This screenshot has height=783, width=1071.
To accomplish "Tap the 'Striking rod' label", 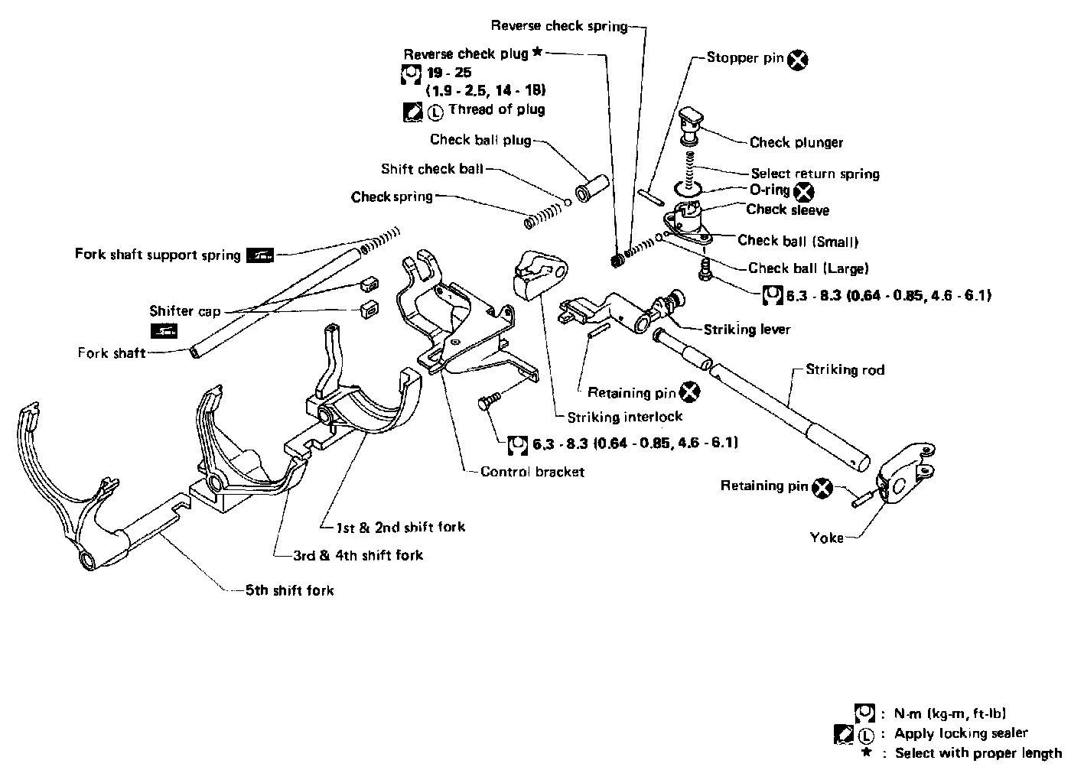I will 845,370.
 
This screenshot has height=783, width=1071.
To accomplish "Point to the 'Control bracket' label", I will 532,472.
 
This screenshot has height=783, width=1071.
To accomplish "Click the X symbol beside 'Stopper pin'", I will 798,59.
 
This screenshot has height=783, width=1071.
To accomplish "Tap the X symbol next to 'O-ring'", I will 804,191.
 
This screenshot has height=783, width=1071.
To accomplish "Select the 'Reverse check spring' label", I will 558,26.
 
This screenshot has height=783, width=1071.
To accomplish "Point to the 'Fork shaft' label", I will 111,353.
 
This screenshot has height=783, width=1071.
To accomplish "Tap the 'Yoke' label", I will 826,538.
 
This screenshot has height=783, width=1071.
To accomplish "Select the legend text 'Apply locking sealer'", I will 961,733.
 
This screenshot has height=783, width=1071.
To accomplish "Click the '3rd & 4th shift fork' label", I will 358,555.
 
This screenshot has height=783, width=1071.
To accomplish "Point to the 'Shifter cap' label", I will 184,310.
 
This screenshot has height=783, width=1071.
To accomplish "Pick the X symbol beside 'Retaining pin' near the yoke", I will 822,488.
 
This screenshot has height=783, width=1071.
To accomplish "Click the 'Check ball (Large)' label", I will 808,268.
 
